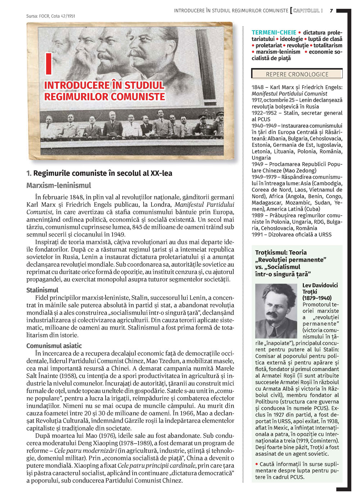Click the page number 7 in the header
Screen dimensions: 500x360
pos(331,10)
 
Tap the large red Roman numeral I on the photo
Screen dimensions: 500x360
pos(49,63)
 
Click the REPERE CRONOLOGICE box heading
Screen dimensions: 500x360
pos(297,74)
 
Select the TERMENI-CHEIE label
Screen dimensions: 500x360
pos(274,32)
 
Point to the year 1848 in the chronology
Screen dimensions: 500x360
pos(257,87)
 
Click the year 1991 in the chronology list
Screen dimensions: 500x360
pos(257,235)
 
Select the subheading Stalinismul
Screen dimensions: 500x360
pos(42,290)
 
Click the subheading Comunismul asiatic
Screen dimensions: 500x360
pos(54,346)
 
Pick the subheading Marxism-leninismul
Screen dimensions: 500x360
pos(59,186)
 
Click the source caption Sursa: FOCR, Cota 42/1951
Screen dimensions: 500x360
pos(51,16)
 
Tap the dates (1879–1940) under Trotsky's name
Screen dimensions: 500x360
pos(317,298)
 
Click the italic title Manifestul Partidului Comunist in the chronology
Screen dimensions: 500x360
pos(289,94)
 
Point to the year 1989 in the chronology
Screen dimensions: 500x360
pos(257,215)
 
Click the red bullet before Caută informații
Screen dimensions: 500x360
pos(257,464)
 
